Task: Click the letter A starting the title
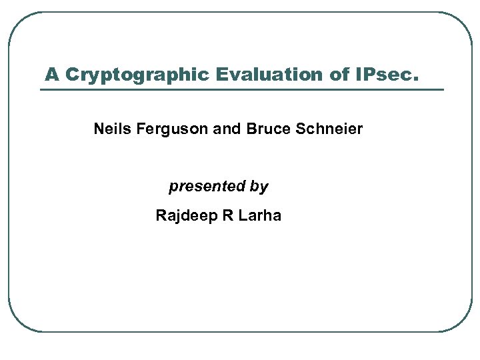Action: (51, 74)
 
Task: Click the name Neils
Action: (113, 129)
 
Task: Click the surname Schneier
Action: (327, 129)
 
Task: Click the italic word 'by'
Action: (259, 187)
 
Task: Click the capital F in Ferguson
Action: (140, 129)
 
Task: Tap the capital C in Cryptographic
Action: (72, 74)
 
